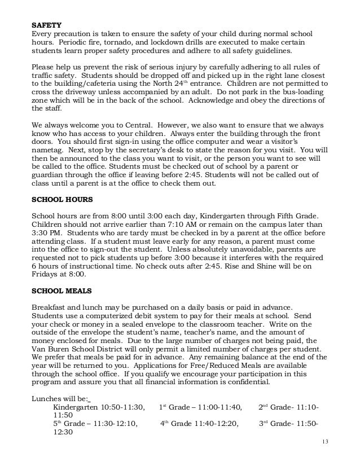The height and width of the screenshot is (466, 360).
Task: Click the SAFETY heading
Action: pyautogui.click(x=46, y=25)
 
